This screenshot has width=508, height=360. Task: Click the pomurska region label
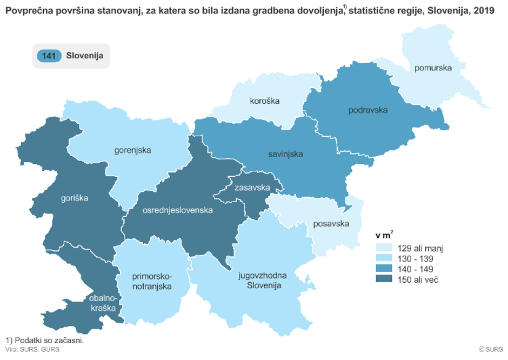(x=433, y=68)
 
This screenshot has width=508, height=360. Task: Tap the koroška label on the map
(x=264, y=101)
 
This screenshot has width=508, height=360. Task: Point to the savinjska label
(x=285, y=154)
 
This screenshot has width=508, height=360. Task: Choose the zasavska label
(x=252, y=188)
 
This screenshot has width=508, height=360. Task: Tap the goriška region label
(x=74, y=198)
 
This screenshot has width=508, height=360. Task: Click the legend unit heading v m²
(x=384, y=236)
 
